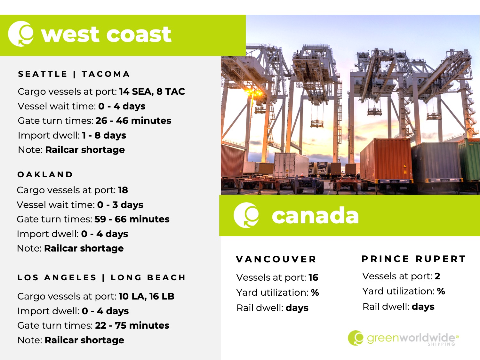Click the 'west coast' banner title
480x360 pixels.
click(106, 34)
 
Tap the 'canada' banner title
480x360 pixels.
click(315, 216)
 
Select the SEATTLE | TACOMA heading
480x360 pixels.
click(74, 74)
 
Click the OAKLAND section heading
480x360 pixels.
click(45, 174)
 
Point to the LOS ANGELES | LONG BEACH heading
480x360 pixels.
click(101, 277)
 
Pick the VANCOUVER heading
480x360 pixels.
click(276, 259)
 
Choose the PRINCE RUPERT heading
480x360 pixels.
click(414, 259)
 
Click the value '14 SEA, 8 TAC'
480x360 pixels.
click(152, 92)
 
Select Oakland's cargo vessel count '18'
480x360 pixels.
click(123, 190)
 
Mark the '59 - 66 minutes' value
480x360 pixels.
click(132, 219)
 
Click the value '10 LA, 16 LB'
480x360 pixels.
click(147, 296)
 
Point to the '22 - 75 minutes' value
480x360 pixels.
click(132, 325)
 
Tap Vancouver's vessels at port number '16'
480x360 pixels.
click(313, 277)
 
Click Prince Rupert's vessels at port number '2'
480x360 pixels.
click(437, 276)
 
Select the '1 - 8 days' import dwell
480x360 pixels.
click(104, 135)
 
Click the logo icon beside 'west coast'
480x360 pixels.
click(21, 34)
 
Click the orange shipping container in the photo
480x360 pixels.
click(386, 161)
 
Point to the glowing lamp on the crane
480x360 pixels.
click(254, 93)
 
